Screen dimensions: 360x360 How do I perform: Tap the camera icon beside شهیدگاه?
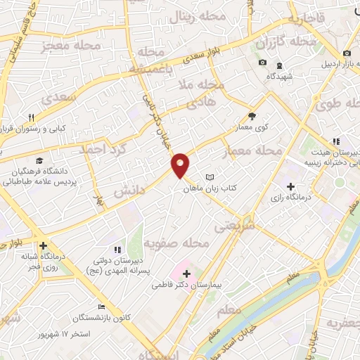coord(262,63)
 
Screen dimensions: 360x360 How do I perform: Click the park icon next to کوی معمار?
coord(252,117)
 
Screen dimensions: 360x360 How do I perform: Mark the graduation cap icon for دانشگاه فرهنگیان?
coord(38,161)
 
